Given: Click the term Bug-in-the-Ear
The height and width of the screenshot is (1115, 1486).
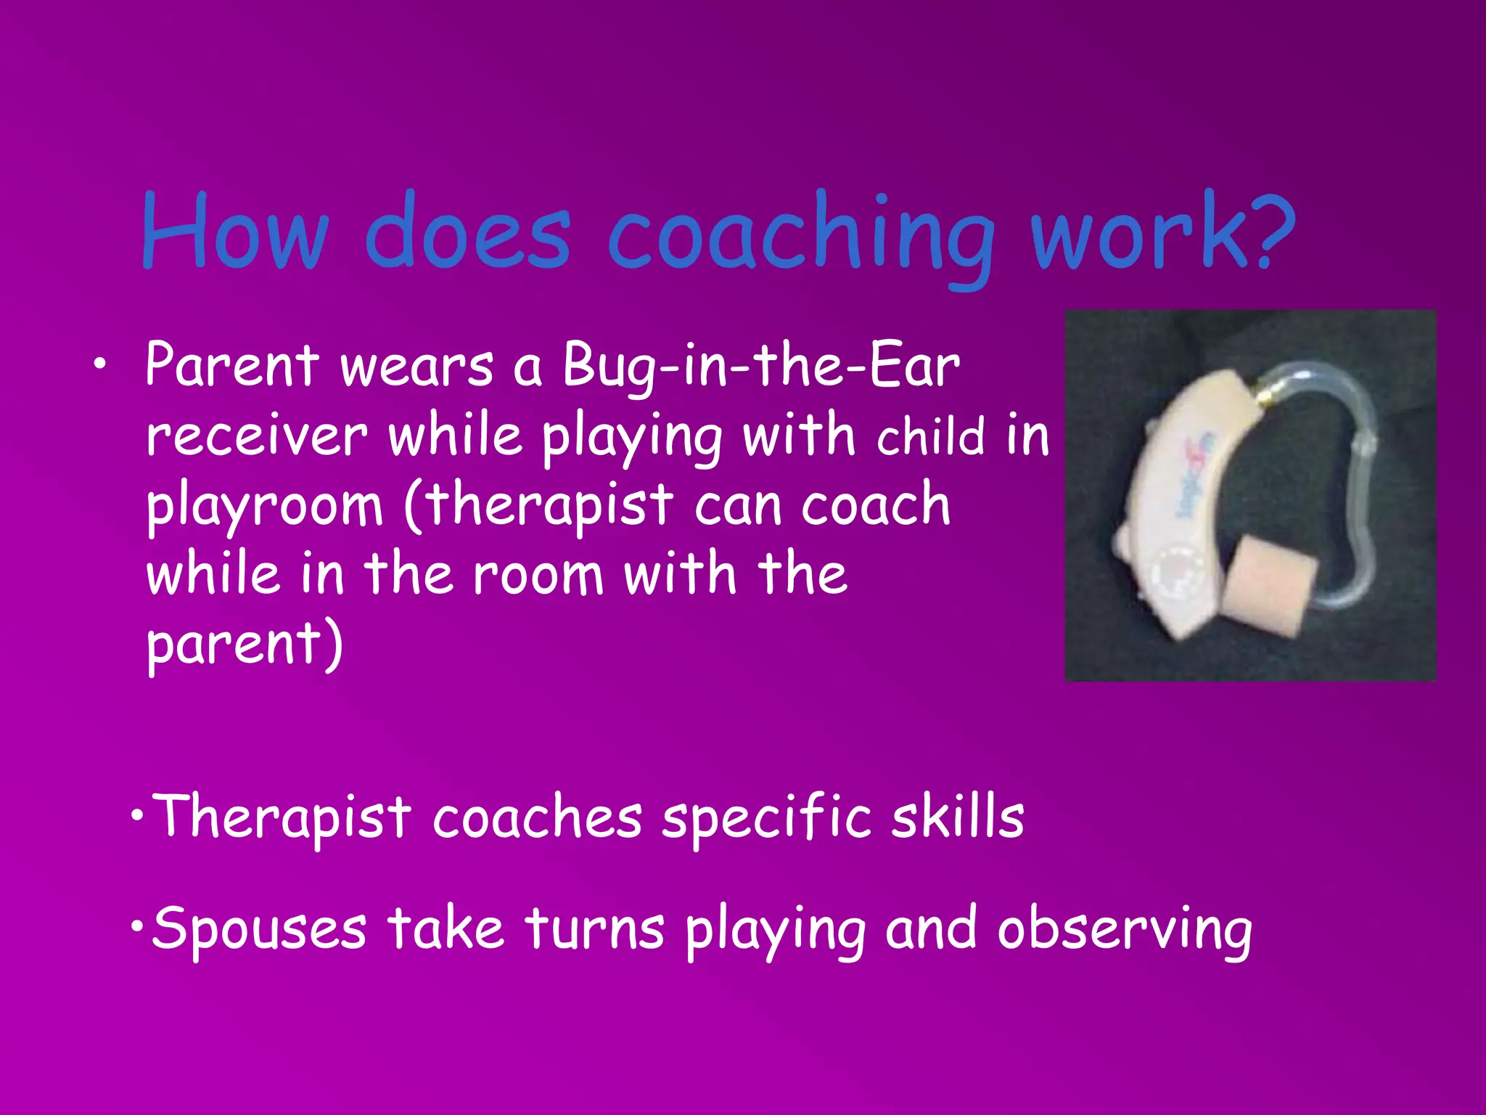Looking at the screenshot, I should point(761,367).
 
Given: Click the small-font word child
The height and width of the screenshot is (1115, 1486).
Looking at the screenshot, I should point(931,437).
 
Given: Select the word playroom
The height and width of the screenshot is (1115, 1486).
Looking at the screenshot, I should point(264,507).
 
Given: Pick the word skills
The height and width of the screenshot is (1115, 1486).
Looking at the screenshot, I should point(958,817).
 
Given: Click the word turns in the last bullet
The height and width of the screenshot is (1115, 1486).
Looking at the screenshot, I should point(594,928).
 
